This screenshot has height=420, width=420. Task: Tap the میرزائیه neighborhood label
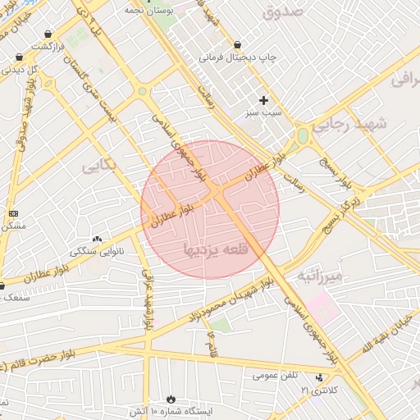point(325,273)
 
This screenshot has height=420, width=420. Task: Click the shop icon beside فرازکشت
point(51,34)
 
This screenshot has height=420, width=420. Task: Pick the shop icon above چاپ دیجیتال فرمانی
point(237,44)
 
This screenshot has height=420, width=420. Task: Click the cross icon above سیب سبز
point(263,99)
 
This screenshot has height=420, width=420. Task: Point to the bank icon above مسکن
point(13,213)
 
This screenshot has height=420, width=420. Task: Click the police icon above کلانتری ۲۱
point(319,378)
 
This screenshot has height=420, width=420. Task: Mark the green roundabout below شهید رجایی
point(303,136)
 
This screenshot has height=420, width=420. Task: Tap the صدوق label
point(283,11)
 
